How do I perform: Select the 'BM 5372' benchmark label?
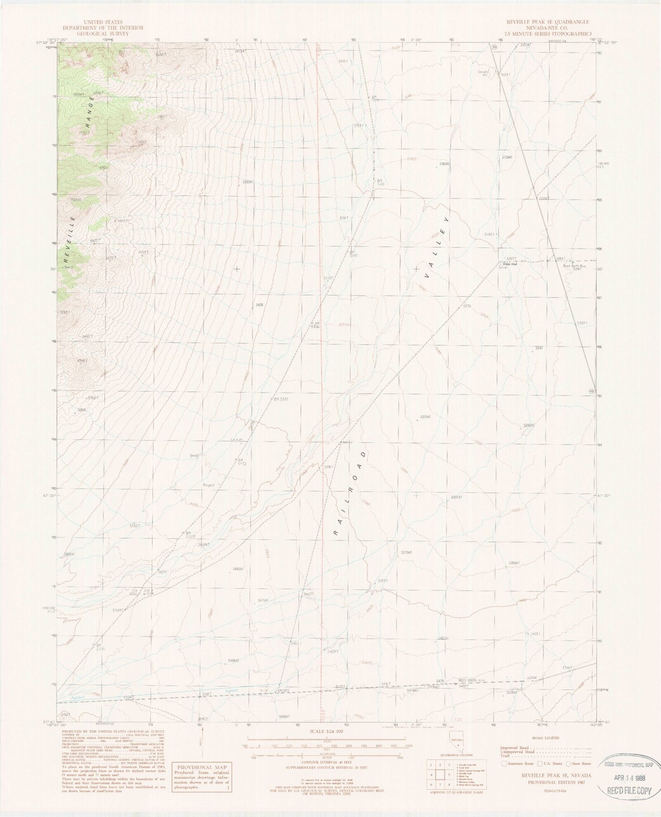[x=280, y=399]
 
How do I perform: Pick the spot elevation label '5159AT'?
[x=507, y=157]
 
